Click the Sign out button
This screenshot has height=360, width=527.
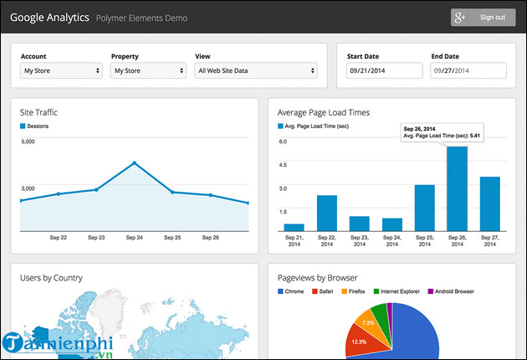(x=483, y=17)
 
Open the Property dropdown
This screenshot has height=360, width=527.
(x=147, y=71)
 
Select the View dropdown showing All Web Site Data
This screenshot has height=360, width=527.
(x=255, y=71)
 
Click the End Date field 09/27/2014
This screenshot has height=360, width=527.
(x=468, y=71)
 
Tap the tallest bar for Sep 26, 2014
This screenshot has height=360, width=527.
(x=457, y=188)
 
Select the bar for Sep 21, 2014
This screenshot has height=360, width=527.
(x=294, y=227)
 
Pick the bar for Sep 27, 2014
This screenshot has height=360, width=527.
(x=489, y=203)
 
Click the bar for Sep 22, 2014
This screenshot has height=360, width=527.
(x=326, y=213)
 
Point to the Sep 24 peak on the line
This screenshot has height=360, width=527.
(x=134, y=163)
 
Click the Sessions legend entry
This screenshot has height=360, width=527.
(x=38, y=126)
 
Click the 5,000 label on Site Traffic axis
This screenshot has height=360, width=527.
(x=28, y=141)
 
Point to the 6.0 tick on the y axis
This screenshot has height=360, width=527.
(x=282, y=141)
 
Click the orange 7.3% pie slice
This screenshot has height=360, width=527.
(x=368, y=322)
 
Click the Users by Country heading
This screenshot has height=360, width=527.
(x=52, y=277)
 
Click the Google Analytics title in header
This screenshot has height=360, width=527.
(x=49, y=17)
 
